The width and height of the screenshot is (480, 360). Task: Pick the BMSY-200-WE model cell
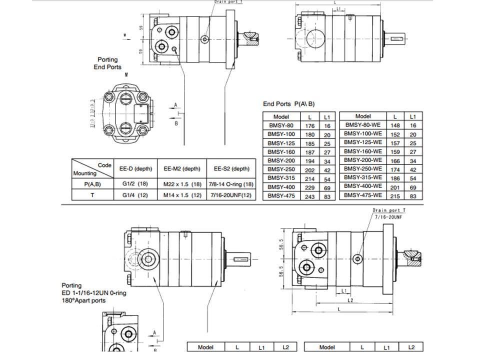point(363,159)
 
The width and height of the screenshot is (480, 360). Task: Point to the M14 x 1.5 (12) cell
point(182,195)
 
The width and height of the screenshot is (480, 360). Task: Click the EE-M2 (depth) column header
point(182,168)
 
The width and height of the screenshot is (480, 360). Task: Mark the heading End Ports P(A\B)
point(289,104)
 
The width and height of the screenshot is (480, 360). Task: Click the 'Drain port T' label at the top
point(229,2)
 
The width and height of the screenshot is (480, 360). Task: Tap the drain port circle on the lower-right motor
point(357,258)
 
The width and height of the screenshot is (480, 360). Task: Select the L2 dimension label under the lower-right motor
point(350,300)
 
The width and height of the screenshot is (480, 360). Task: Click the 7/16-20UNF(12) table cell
point(231,195)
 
